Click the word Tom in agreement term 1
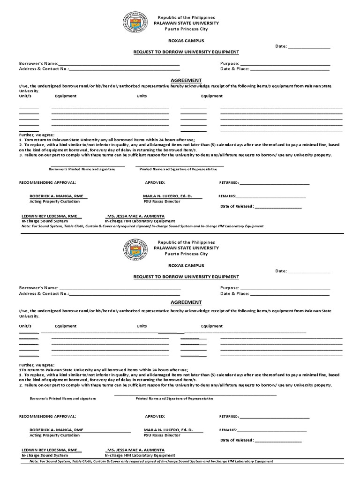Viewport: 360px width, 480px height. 29,140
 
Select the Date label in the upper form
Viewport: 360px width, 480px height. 280,47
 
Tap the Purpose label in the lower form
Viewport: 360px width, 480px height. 230,288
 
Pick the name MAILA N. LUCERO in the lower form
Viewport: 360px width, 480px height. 167,429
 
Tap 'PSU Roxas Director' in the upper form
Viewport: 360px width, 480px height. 162,201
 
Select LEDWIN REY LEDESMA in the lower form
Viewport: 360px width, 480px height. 49,450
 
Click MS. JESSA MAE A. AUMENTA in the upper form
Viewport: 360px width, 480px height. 135,216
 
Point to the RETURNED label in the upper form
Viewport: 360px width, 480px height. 229,182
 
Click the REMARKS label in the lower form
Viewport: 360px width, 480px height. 228,430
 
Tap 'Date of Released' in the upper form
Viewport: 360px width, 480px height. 237,206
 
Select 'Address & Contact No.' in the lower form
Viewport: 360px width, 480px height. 44,293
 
